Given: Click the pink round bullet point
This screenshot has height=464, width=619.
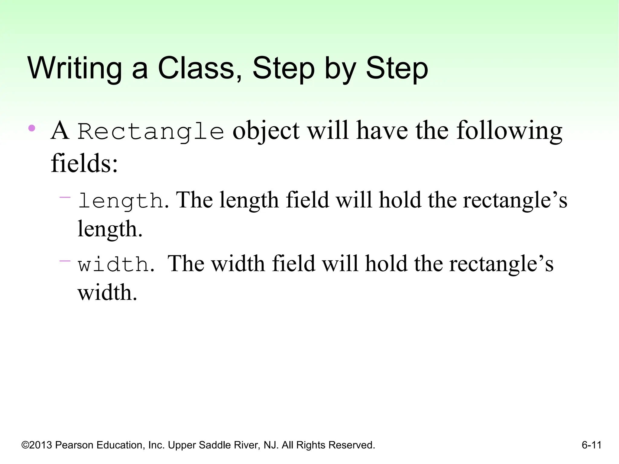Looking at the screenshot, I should click(x=31, y=128).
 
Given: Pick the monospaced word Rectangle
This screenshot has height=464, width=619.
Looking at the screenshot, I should click(x=151, y=132).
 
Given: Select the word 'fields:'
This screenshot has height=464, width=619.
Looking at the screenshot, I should click(x=84, y=163).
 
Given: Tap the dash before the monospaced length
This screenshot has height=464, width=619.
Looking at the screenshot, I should click(x=65, y=198).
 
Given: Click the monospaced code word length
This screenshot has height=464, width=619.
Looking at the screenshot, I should click(x=121, y=201).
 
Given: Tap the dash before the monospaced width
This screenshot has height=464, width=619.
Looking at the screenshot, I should click(x=65, y=261).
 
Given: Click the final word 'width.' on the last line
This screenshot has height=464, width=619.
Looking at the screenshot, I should click(x=108, y=292).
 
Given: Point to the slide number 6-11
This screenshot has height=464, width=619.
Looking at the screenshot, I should click(x=591, y=445).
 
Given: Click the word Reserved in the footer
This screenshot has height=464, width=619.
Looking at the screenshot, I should click(x=352, y=445).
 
